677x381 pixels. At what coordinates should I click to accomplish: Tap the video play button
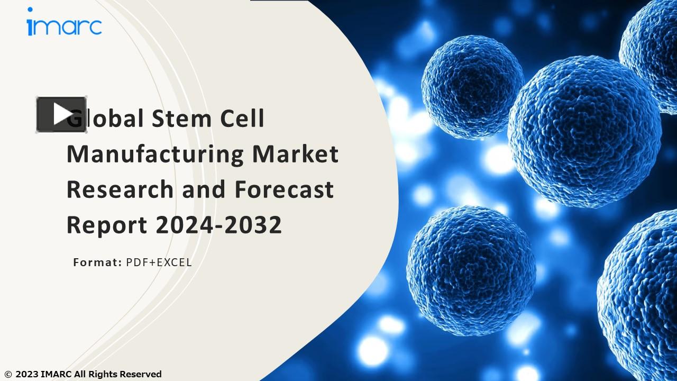point(61,114)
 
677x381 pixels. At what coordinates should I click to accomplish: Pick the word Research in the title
point(120,189)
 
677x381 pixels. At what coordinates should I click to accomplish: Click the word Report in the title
point(106,225)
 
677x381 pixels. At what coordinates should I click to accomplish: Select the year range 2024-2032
point(218,225)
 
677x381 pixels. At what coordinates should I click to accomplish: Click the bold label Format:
point(97,262)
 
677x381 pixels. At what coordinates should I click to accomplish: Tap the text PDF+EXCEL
point(159,262)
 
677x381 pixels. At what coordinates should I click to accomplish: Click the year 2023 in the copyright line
point(26,374)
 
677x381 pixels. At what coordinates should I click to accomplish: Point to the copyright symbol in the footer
point(7,375)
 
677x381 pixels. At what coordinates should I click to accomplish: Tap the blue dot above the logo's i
point(30,10)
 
